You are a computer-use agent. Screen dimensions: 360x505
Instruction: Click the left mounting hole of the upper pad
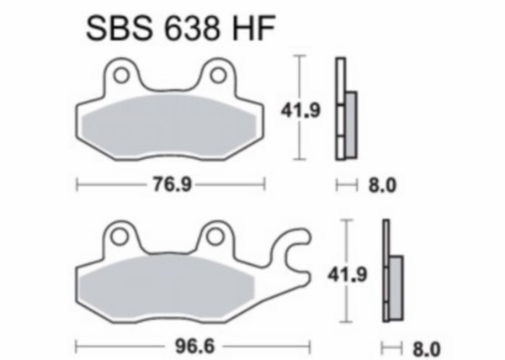(x=121, y=76)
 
